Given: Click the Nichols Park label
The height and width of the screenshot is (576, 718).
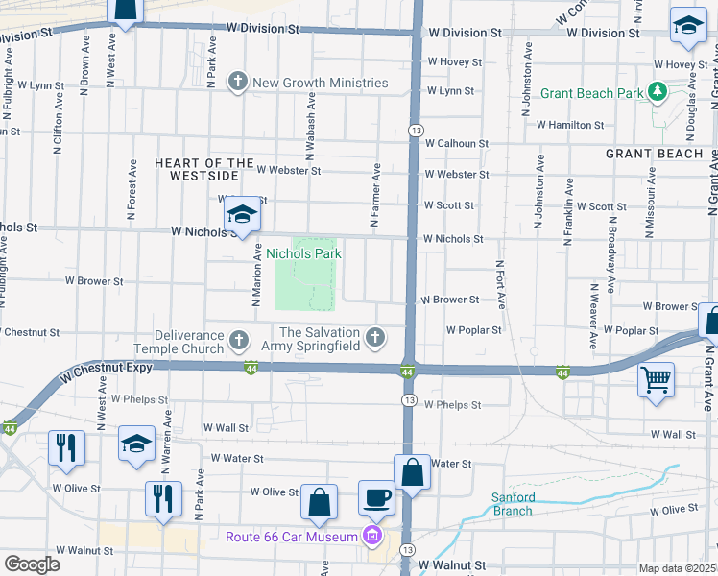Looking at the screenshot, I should coord(303,253).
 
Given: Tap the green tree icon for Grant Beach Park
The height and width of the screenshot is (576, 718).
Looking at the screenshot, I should coord(658,92).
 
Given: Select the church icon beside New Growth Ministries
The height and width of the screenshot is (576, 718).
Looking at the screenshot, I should coord(237,83).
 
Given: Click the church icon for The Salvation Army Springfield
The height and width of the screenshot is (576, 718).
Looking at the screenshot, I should coord(375,338).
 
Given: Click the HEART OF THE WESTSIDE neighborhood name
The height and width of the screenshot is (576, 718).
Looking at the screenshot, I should coord(204,169).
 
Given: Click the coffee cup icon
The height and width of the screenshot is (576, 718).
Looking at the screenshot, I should coord(376,497).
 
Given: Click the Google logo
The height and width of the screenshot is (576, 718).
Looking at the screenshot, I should coord(32,564).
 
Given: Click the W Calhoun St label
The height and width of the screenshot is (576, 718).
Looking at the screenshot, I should coord(457,143).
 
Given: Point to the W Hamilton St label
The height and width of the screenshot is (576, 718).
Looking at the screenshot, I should coord(570,125).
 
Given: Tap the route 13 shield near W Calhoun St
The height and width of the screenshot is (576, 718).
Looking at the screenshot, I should coord(415,129).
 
